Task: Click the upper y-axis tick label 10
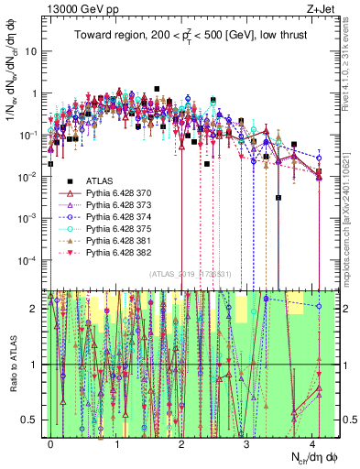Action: (x=30, y=51)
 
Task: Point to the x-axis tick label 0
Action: (x=50, y=442)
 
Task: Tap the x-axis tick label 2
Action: (x=181, y=442)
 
